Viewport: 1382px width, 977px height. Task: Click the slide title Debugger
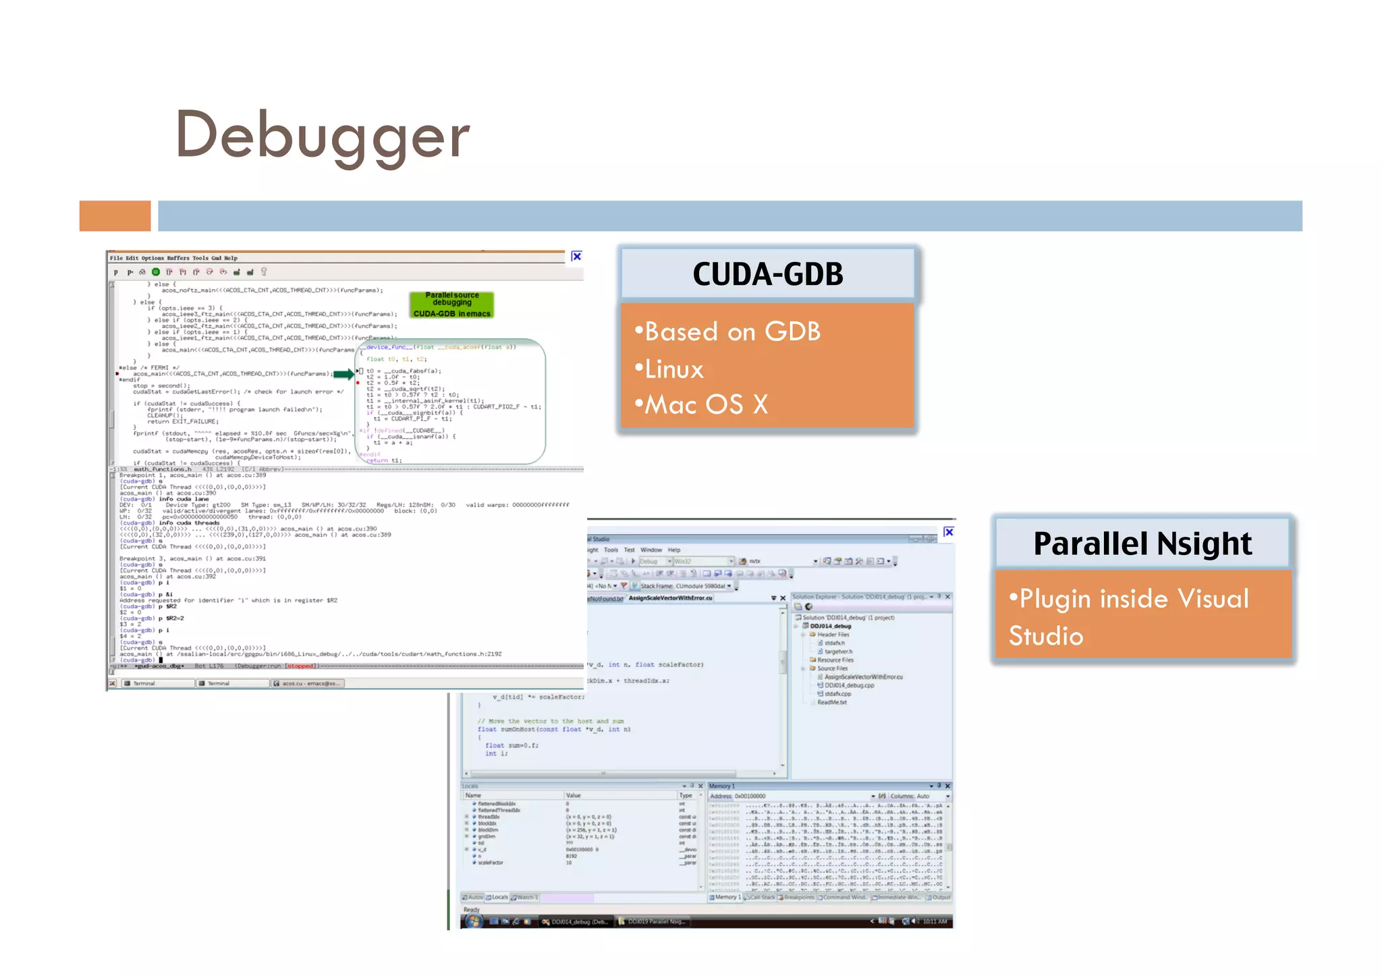pyautogui.click(x=323, y=135)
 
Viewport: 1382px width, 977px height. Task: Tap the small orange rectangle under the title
pyautogui.click(x=115, y=216)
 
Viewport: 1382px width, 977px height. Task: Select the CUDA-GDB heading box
pyautogui.click(x=767, y=274)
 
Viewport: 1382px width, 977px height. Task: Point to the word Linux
pyautogui.click(x=673, y=369)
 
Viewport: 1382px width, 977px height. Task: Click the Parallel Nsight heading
pyautogui.click(x=1142, y=544)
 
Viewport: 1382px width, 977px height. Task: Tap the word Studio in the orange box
pyautogui.click(x=1046, y=636)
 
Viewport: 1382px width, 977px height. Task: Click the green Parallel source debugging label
pyautogui.click(x=451, y=305)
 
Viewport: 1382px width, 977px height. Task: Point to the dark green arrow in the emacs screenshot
pyautogui.click(x=343, y=374)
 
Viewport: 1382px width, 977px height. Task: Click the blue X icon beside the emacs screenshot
pyautogui.click(x=576, y=257)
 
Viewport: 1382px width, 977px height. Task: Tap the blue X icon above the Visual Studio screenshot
pyautogui.click(x=948, y=532)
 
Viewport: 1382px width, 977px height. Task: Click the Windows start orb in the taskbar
pyautogui.click(x=473, y=921)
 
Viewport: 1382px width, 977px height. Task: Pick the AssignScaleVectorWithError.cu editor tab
pyautogui.click(x=670, y=598)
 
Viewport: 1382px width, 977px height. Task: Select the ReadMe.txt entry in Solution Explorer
pyautogui.click(x=831, y=702)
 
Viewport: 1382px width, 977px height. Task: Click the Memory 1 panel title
pyautogui.click(x=722, y=786)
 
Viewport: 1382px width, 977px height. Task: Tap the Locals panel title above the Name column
pyautogui.click(x=470, y=786)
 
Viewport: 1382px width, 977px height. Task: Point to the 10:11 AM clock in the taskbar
pyautogui.click(x=935, y=921)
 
